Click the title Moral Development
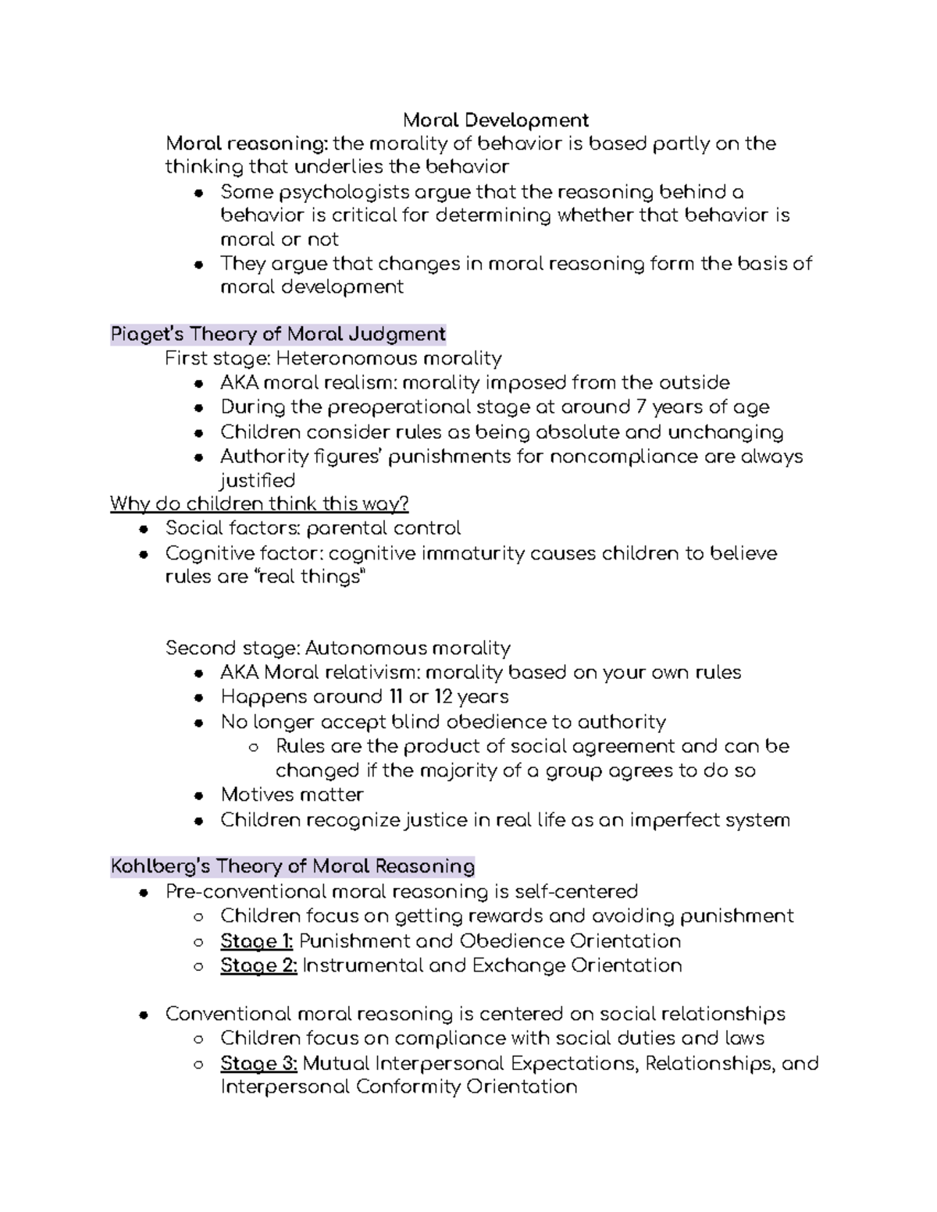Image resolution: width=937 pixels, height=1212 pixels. (495, 120)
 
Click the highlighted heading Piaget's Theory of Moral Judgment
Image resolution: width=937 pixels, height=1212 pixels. (278, 335)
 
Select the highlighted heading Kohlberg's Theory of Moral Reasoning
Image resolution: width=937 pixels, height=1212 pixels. (293, 866)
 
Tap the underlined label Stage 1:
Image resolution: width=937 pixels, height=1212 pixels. (256, 940)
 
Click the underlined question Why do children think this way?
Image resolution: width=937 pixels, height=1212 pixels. (259, 503)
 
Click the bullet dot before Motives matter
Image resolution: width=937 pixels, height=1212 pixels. (200, 796)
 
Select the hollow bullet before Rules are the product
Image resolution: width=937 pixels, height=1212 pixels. (254, 748)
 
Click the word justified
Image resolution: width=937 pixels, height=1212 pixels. (258, 480)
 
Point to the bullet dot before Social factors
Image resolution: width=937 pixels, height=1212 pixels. (144, 529)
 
